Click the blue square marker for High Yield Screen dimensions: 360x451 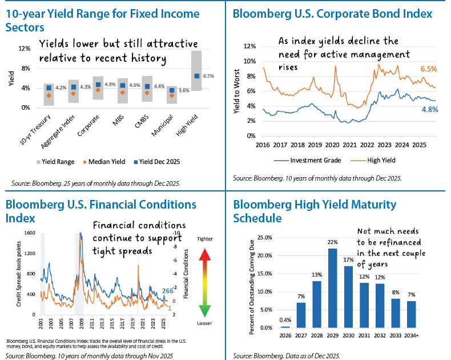[x=197, y=76]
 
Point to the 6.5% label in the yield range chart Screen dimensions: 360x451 [x=208, y=76]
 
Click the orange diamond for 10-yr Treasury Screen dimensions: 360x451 [x=49, y=95]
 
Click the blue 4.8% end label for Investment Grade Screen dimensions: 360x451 [x=429, y=109]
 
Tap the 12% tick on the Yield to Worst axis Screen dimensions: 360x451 [x=249, y=46]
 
